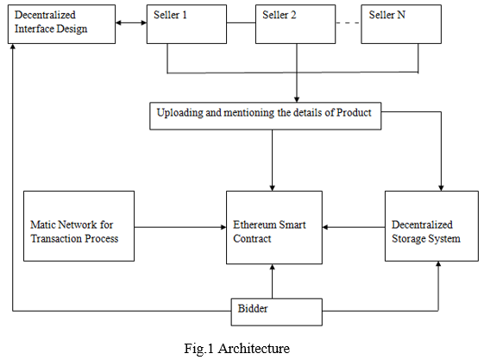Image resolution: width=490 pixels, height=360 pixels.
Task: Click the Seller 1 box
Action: pos(186,24)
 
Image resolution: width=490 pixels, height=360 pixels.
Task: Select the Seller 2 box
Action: pos(295,24)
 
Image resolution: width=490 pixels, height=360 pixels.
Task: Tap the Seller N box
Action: pos(401,24)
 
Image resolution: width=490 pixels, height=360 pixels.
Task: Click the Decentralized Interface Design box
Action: pos(61,24)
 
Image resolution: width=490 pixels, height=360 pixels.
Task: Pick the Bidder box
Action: pos(277,312)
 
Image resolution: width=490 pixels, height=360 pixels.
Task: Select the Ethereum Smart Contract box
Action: pos(274,227)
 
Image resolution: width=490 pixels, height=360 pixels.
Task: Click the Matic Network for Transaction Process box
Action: pos(79,226)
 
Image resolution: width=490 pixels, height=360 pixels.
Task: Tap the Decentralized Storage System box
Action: pos(431,226)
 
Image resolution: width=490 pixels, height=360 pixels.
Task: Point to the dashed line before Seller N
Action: pos(349,22)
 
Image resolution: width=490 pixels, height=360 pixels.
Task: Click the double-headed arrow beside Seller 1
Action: pos(131,22)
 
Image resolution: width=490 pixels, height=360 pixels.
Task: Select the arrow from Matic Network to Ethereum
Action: pos(180,227)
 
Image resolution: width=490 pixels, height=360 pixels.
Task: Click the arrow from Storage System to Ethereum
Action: pos(354,227)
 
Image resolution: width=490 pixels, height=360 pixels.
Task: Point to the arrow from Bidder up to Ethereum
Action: pos(273,281)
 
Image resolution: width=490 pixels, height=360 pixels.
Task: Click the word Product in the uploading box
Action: pos(354,112)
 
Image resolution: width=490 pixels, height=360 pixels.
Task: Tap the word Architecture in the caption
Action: pos(254,349)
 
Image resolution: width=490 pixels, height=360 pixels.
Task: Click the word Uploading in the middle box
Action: pos(179,113)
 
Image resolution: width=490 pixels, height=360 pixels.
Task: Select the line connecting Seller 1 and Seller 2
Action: pos(241,22)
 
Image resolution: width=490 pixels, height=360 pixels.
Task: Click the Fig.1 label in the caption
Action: pos(198,349)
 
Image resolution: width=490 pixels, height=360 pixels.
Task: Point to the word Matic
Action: pos(42,224)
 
